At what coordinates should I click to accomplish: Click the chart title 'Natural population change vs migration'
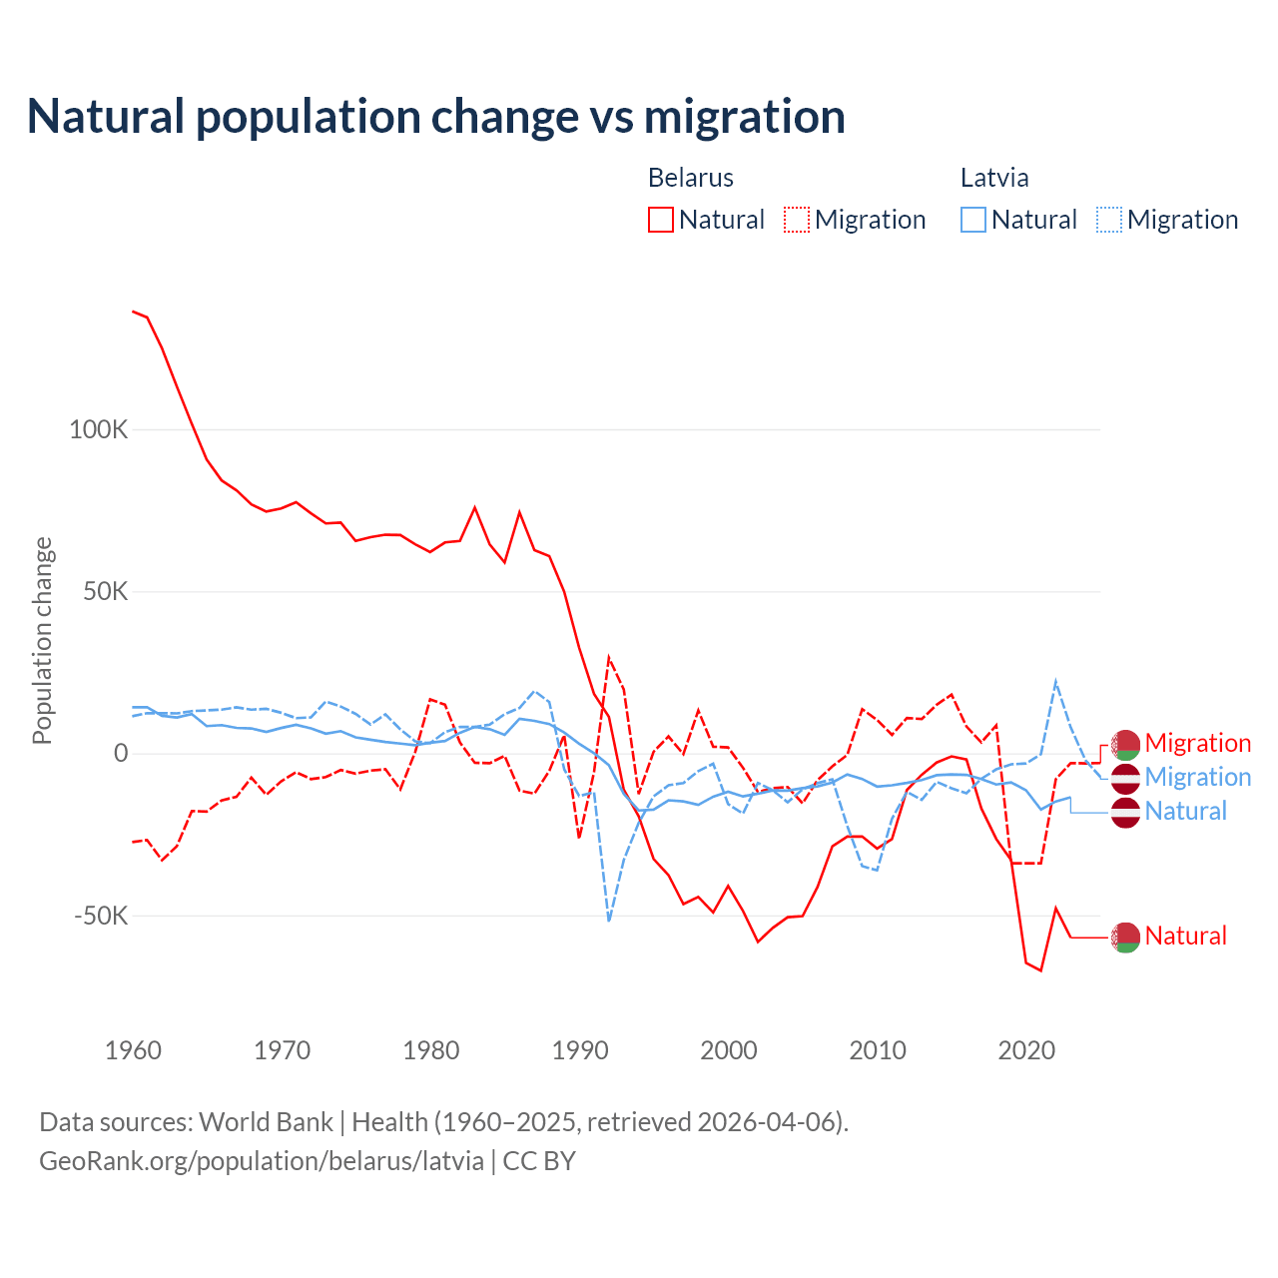point(436,117)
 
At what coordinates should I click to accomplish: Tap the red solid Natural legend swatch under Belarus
point(661,220)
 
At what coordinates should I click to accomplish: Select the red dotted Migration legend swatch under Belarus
point(797,220)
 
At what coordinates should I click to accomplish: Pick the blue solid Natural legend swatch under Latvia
point(973,220)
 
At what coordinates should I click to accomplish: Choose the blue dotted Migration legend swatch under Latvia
point(1109,220)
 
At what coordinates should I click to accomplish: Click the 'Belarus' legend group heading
point(691,178)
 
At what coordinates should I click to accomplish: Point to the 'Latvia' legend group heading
point(994,178)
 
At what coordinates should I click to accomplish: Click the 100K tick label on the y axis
point(99,430)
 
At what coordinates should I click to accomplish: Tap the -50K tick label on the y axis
point(102,916)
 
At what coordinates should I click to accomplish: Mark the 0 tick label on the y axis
point(121,753)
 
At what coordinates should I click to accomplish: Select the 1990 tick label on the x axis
point(580,1050)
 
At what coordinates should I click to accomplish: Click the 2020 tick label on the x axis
point(1026,1050)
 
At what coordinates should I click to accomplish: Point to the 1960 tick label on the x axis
point(134,1050)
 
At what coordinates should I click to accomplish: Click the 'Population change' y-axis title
point(42,641)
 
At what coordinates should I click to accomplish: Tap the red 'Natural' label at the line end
point(1185,936)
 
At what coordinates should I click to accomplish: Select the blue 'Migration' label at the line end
point(1197,777)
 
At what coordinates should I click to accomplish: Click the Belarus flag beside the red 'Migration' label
point(1125,744)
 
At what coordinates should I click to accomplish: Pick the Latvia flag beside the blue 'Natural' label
point(1125,812)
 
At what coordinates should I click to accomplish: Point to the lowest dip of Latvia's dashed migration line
point(609,920)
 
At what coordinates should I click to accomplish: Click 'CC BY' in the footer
point(539,1161)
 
